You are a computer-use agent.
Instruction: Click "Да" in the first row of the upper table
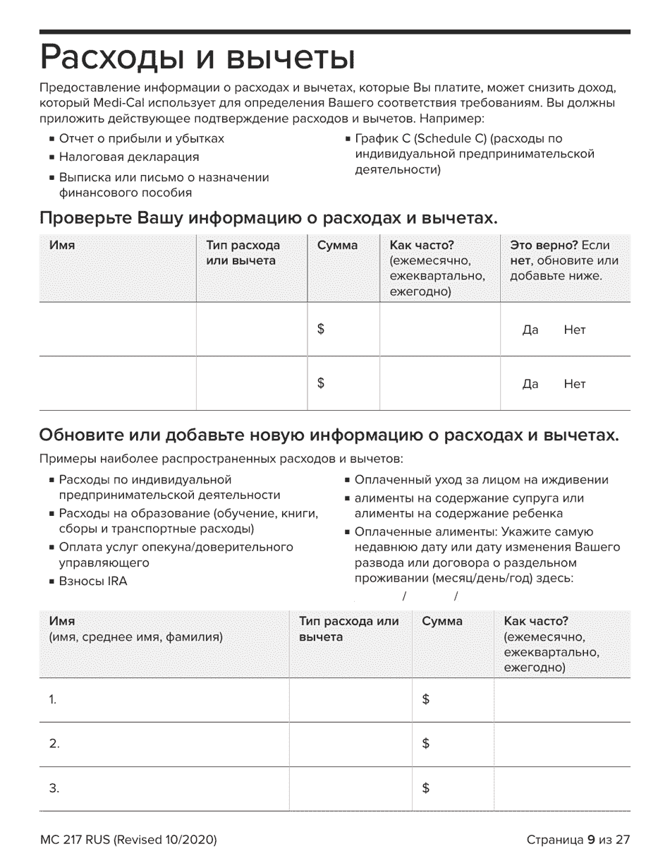(530, 330)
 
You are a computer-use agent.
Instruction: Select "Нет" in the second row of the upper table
(575, 384)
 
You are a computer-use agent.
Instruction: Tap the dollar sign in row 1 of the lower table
(425, 699)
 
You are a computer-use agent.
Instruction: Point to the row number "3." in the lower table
(54, 789)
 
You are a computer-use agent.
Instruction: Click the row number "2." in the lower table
(54, 744)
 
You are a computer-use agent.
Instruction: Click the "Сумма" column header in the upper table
(337, 246)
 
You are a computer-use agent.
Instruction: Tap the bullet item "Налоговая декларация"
(128, 157)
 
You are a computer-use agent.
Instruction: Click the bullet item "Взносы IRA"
(92, 581)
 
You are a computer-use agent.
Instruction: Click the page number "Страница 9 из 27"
(577, 840)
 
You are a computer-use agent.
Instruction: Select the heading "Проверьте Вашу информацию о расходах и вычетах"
(269, 219)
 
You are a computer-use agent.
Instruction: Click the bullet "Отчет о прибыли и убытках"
(141, 138)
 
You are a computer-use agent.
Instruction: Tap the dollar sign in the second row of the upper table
(321, 383)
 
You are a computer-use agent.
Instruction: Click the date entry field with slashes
(430, 596)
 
